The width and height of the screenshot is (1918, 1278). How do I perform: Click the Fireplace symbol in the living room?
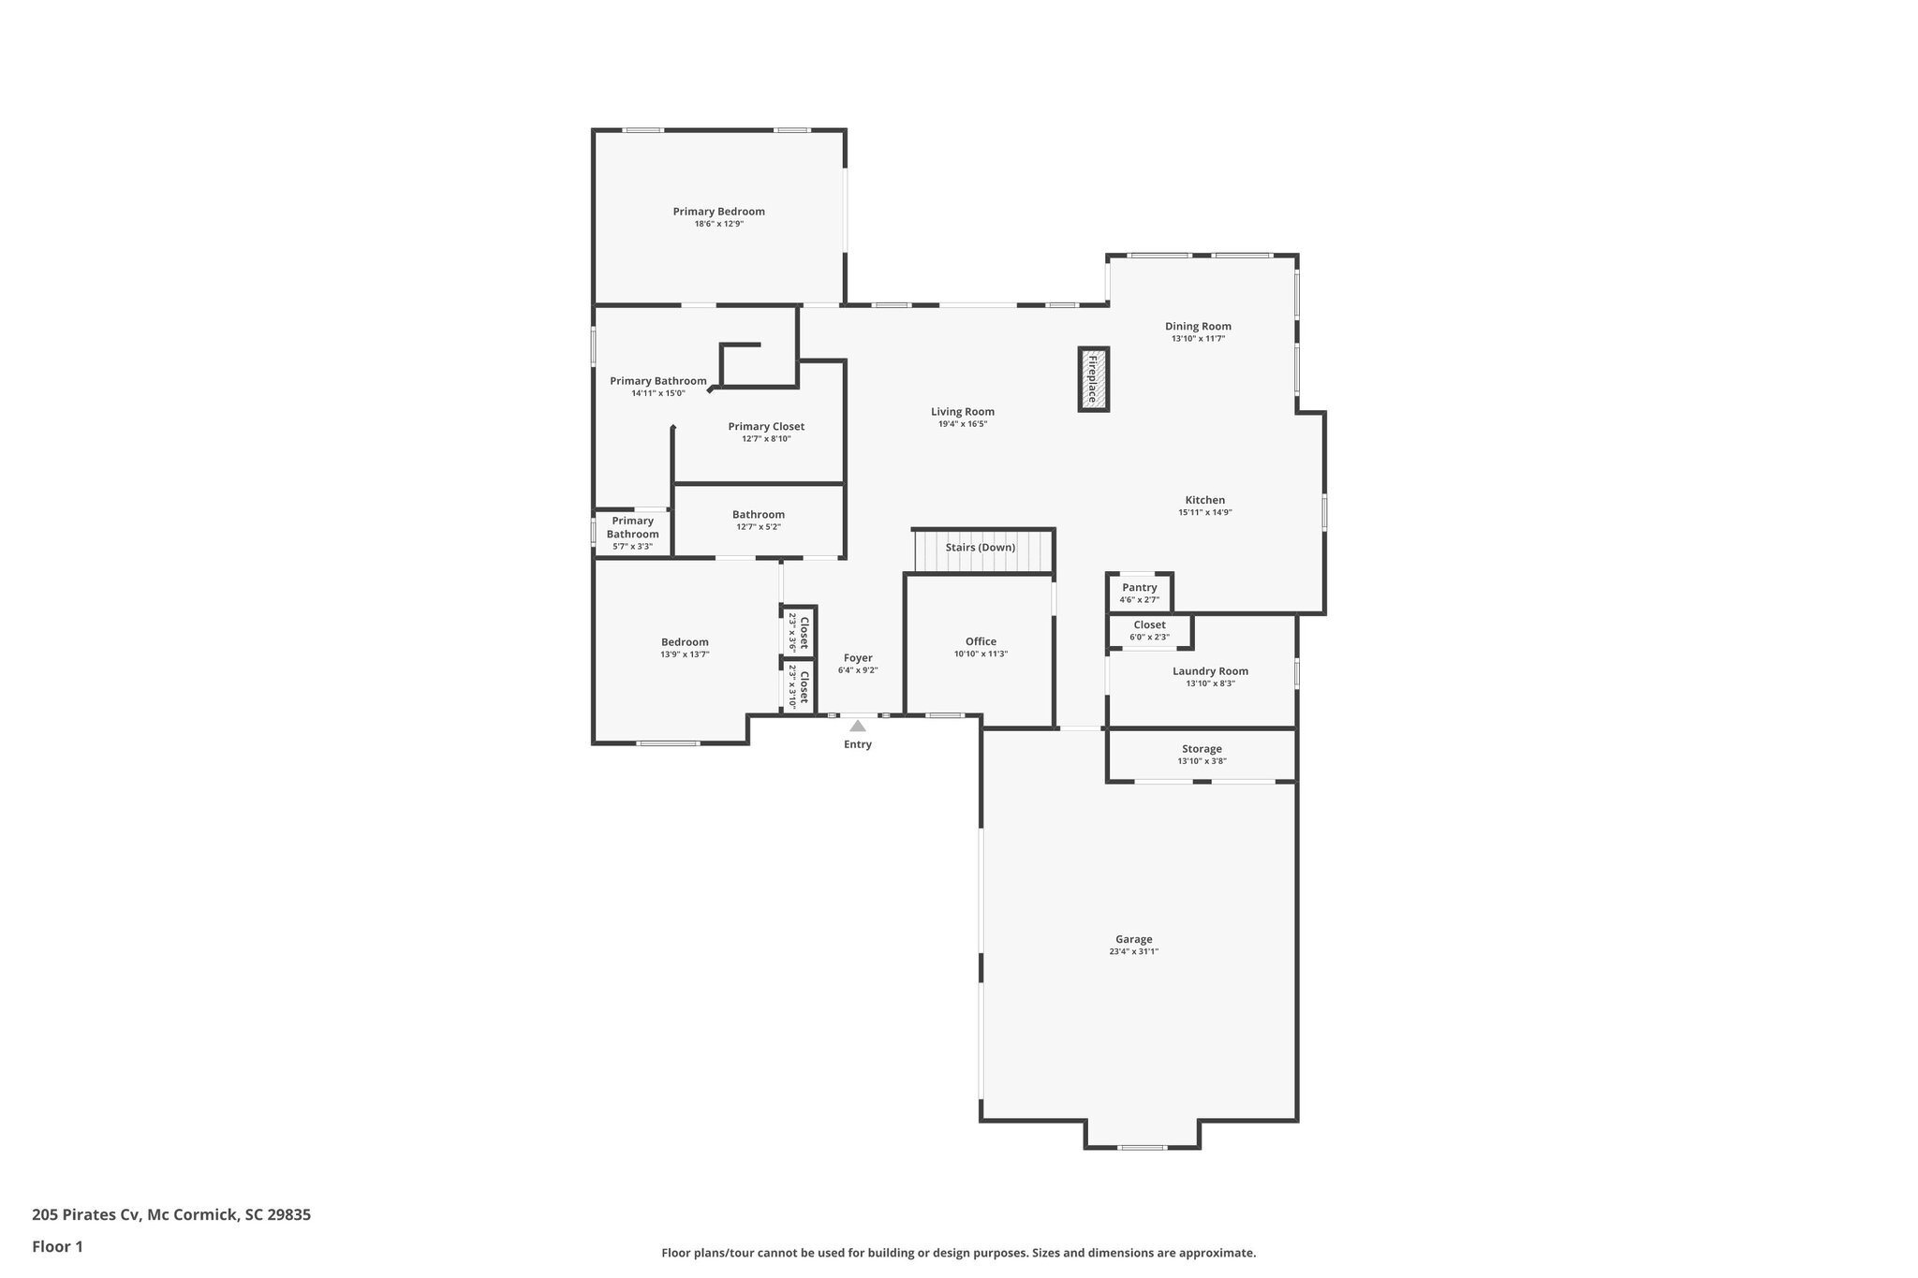coord(1093,379)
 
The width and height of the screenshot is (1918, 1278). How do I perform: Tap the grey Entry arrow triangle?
coord(858,726)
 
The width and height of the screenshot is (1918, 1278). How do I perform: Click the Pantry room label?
coord(1140,588)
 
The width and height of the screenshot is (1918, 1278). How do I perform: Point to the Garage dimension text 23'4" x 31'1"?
coord(1134,951)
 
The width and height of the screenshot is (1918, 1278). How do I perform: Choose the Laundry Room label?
coord(1211,671)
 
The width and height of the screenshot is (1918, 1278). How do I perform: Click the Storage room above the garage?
coord(1202,755)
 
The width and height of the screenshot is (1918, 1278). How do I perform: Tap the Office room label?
coord(981,642)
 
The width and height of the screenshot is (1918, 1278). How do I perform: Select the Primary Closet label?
coord(766,427)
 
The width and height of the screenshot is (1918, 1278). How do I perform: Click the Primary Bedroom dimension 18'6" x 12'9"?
coord(719,224)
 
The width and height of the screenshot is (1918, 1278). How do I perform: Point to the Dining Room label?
coord(1199,327)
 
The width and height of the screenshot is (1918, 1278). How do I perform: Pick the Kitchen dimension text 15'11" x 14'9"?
coord(1205,512)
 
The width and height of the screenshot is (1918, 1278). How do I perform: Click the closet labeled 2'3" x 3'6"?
coord(799,632)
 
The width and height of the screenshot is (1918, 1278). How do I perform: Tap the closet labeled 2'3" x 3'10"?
coord(799,686)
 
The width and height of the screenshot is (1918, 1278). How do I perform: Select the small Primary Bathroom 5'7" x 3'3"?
coord(633,534)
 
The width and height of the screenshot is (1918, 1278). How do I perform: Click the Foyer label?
coord(858,658)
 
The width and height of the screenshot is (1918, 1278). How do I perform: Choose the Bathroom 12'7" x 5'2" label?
coord(759,515)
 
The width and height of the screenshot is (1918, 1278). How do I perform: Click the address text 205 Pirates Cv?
coord(86,1215)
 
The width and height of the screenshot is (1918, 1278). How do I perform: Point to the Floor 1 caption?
coord(58,1247)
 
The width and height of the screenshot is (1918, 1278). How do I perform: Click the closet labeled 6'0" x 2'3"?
coord(1150,631)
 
